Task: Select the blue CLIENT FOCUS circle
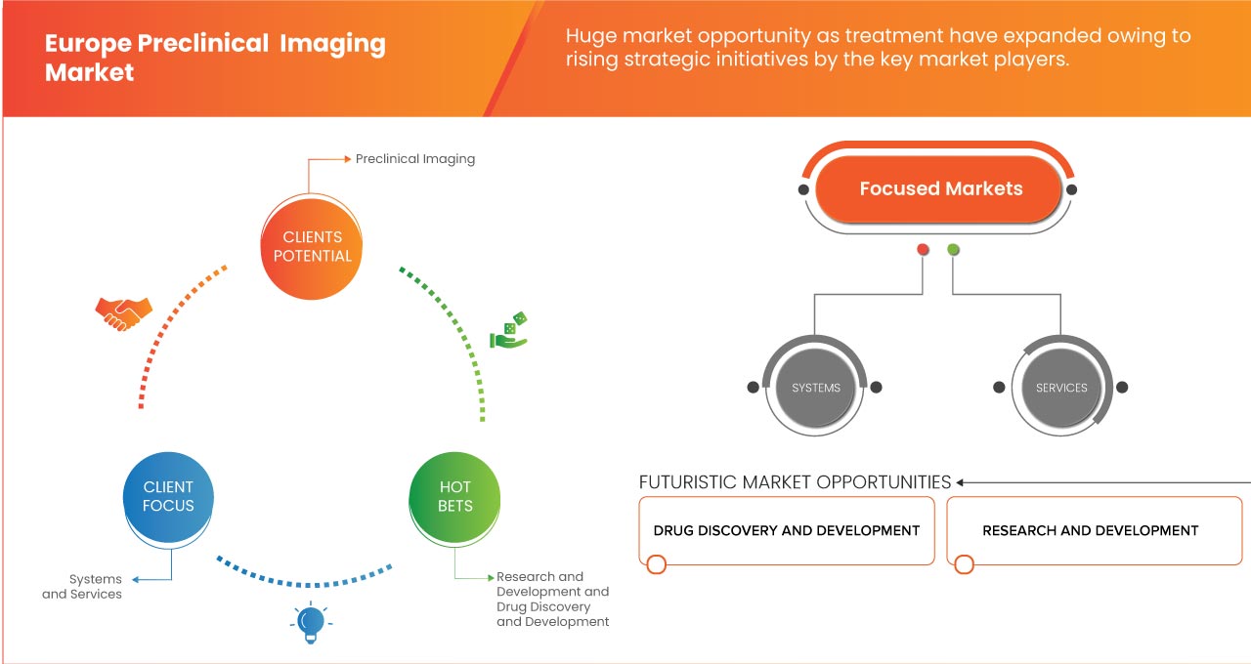[x=168, y=496]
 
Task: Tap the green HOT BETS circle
[x=454, y=496]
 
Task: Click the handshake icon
[x=123, y=312]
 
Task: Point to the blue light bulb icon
[x=311, y=623]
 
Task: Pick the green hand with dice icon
[x=508, y=331]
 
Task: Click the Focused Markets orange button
[x=940, y=189]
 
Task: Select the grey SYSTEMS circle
[x=816, y=388]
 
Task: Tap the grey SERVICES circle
[x=1061, y=388]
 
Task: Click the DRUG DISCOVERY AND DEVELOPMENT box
[x=787, y=530]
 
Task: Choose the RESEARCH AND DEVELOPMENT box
[x=1090, y=530]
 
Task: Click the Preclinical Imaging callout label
[x=414, y=158]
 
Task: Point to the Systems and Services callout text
[x=82, y=586]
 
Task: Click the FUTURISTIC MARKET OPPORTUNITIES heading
[x=795, y=482]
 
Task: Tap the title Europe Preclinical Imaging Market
[x=215, y=58]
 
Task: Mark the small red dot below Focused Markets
[x=923, y=250]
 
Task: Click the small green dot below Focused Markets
[x=953, y=250]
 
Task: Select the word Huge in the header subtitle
[x=590, y=36]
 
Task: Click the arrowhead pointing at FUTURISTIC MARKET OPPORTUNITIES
[x=961, y=482]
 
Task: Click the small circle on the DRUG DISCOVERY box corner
[x=657, y=564]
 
